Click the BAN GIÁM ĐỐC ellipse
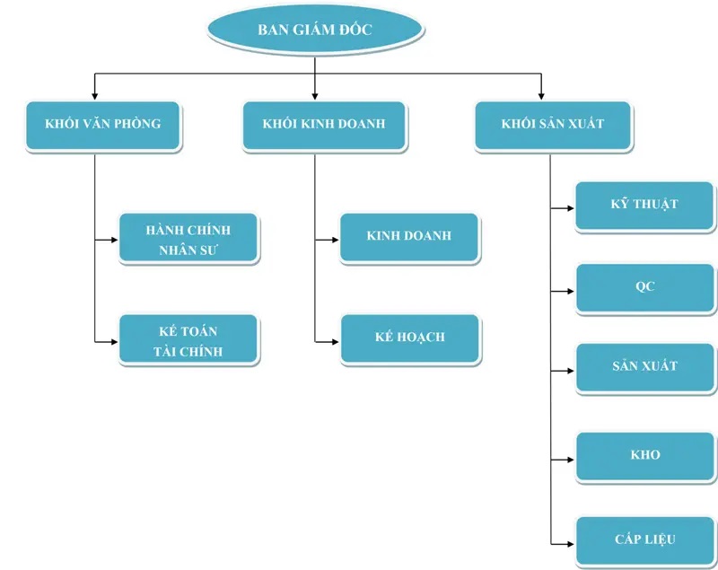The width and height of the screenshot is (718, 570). pyautogui.click(x=315, y=30)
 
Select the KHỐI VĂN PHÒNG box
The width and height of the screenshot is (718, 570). pyautogui.click(x=103, y=125)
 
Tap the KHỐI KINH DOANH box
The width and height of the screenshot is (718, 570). pyautogui.click(x=324, y=125)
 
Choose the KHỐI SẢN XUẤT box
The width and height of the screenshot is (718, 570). pyautogui.click(x=552, y=125)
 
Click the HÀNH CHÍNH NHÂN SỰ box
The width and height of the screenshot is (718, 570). pyautogui.click(x=188, y=238)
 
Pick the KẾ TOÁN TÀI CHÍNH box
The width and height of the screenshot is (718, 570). pyautogui.click(x=188, y=340)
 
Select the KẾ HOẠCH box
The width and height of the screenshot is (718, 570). pyautogui.click(x=409, y=338)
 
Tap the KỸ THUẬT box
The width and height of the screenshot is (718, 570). pyautogui.click(x=644, y=206)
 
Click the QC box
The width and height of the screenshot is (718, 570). pyautogui.click(x=644, y=287)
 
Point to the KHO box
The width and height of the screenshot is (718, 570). pyautogui.click(x=644, y=454)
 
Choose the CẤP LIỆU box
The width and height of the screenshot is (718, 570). pyautogui.click(x=644, y=539)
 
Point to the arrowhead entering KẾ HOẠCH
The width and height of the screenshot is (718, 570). pyautogui.click(x=334, y=341)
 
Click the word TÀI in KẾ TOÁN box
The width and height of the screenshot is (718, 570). pyautogui.click(x=166, y=351)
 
